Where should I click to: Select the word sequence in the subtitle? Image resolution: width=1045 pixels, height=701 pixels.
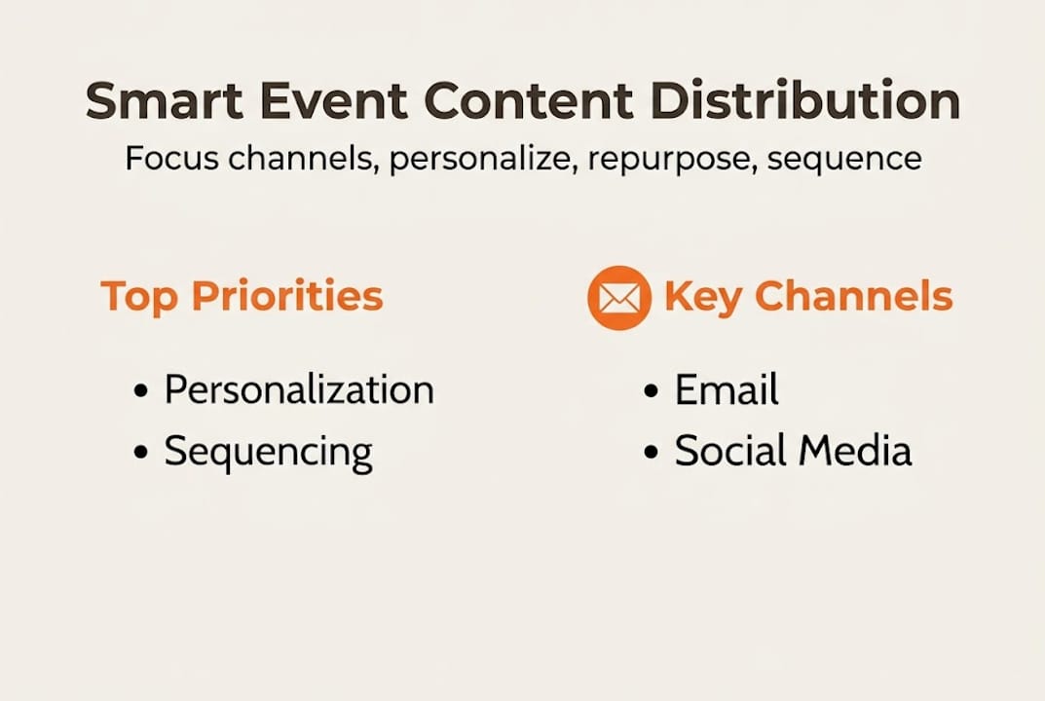[x=843, y=159]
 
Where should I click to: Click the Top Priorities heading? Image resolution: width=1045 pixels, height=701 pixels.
[x=242, y=297]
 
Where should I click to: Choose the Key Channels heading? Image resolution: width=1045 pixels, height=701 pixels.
[x=807, y=297]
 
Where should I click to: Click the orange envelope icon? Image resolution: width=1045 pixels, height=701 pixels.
[x=618, y=298]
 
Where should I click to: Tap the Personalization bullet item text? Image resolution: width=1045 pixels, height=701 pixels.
[x=298, y=389]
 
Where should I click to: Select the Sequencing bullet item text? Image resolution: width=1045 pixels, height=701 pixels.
[x=268, y=452]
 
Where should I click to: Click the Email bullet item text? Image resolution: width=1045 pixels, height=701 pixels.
[x=727, y=390]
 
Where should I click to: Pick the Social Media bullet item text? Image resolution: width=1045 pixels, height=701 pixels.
[x=793, y=451]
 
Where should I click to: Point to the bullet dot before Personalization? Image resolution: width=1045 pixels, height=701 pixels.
[x=142, y=391]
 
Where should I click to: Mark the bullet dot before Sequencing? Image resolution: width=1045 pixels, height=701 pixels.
[x=142, y=453]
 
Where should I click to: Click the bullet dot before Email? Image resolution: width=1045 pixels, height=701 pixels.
[x=653, y=391]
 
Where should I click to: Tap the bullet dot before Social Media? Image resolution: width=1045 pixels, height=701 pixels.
[x=653, y=453]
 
